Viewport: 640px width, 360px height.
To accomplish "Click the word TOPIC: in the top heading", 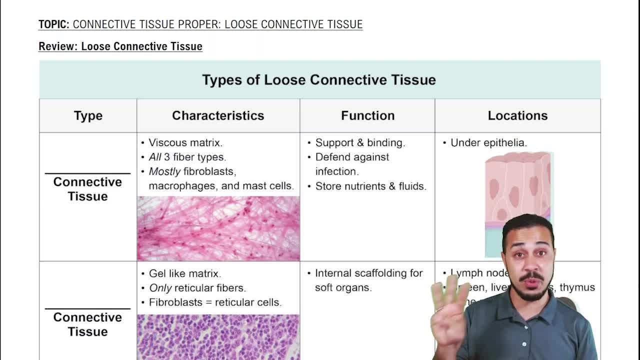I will point(54,24).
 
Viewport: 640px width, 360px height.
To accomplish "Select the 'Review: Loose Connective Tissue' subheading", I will point(120,46).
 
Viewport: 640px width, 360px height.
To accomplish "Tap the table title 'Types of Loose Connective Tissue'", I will point(319,80).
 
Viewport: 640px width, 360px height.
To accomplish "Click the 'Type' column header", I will point(88,115).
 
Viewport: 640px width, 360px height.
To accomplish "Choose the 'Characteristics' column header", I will point(218,115).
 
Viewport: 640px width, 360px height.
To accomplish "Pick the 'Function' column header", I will point(367,115).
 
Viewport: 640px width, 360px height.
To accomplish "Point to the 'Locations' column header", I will point(517,115).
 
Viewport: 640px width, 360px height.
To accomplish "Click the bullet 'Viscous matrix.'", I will point(185,143).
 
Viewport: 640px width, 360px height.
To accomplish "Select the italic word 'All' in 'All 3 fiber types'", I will point(155,157).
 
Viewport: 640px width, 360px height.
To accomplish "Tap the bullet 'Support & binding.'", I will point(360,143).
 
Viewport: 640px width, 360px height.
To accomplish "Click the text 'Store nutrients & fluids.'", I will point(370,186).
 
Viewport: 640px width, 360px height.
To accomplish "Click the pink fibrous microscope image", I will point(218,228).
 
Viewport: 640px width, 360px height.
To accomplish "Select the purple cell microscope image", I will point(218,337).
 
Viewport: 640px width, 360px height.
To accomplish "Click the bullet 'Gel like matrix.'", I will point(184,274).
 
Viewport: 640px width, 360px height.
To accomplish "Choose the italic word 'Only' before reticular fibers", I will point(160,288).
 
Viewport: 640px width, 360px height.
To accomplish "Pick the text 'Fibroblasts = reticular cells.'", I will point(215,302).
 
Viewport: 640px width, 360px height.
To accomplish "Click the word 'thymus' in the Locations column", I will point(577,287).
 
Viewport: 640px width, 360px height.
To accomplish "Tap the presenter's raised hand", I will point(447,312).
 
